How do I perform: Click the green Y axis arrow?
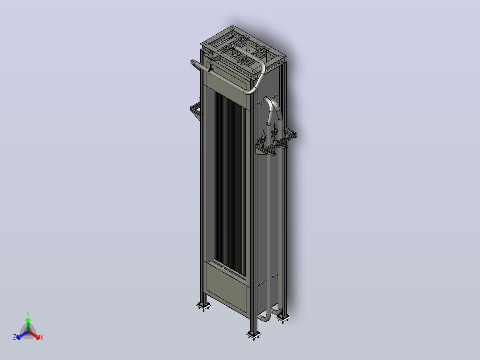[x=28, y=324]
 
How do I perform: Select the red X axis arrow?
[x=34, y=335]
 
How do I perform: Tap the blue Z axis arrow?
[x=22, y=335]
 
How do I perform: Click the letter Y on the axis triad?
[x=28, y=313]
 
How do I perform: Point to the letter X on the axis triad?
[x=42, y=337]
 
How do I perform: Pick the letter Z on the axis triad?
[x=14, y=337]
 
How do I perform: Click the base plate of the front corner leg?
[x=254, y=335]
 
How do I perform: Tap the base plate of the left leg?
[x=203, y=306]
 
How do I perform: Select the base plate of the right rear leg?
[x=283, y=319]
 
